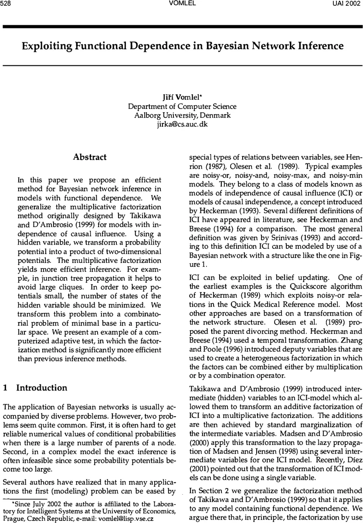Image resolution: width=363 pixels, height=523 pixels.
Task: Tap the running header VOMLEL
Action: pos(181,4)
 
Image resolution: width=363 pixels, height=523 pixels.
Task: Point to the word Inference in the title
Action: pos(320,46)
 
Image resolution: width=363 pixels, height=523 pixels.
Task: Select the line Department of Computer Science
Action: pos(181,107)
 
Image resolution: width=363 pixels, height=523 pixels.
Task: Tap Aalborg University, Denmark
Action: pos(181,115)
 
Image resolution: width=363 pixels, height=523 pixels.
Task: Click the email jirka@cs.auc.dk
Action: pos(181,124)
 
